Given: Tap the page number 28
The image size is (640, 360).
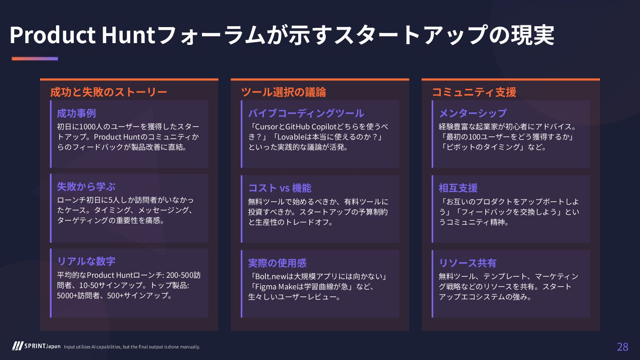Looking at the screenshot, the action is pyautogui.click(x=622, y=347).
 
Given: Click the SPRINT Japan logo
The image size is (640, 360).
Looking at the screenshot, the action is pyautogui.click(x=36, y=346).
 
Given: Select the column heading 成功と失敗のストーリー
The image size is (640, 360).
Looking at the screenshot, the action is pyautogui.click(x=109, y=92).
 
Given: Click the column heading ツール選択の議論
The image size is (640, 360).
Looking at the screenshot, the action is pyautogui.click(x=284, y=92).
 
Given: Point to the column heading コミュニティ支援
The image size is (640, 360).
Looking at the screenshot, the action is pyautogui.click(x=474, y=92).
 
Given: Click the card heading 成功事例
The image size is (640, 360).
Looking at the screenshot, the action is pyautogui.click(x=76, y=113).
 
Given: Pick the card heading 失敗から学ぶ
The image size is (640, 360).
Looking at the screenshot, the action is pyautogui.click(x=86, y=186).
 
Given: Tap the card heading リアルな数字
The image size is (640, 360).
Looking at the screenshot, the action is pyautogui.click(x=86, y=261).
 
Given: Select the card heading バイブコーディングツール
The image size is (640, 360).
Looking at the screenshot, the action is pyautogui.click(x=306, y=113).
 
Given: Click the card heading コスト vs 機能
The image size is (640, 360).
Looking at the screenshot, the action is pyautogui.click(x=280, y=188).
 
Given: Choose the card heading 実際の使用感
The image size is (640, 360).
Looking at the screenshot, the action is pyautogui.click(x=277, y=263).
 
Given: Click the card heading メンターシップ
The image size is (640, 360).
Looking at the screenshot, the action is pyautogui.click(x=472, y=113).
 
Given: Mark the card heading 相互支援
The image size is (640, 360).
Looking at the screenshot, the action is pyautogui.click(x=458, y=188).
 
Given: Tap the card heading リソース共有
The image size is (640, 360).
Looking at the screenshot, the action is pyautogui.click(x=468, y=263).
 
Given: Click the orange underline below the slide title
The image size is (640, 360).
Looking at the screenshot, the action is pyautogui.click(x=35, y=59).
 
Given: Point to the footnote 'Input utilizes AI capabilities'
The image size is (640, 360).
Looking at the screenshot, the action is pyautogui.click(x=132, y=347).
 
